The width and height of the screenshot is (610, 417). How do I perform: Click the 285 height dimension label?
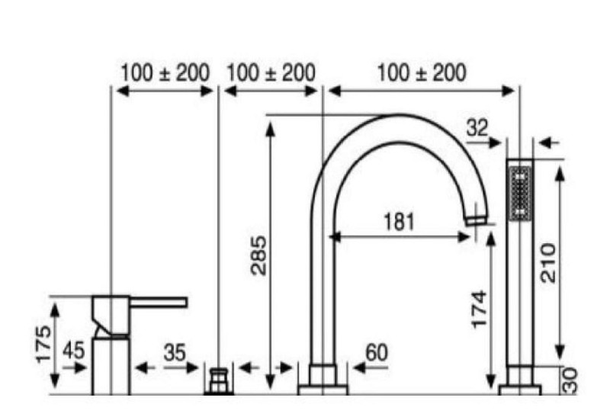tap(259, 255)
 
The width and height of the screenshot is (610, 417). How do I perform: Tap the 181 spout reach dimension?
tap(399, 222)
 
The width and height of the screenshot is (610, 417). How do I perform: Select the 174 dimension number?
tap(480, 310)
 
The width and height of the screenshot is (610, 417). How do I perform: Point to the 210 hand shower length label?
tap(548, 263)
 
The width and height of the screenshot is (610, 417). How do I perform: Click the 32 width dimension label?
tap(477, 127)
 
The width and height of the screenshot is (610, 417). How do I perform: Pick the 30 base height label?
tap(570, 381)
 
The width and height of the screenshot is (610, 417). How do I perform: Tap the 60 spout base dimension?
tap(377, 353)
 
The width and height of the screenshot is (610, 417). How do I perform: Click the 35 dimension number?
tap(175, 353)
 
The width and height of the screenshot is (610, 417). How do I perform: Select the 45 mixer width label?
tap(73, 351)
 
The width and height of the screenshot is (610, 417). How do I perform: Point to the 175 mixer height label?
tap(43, 345)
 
